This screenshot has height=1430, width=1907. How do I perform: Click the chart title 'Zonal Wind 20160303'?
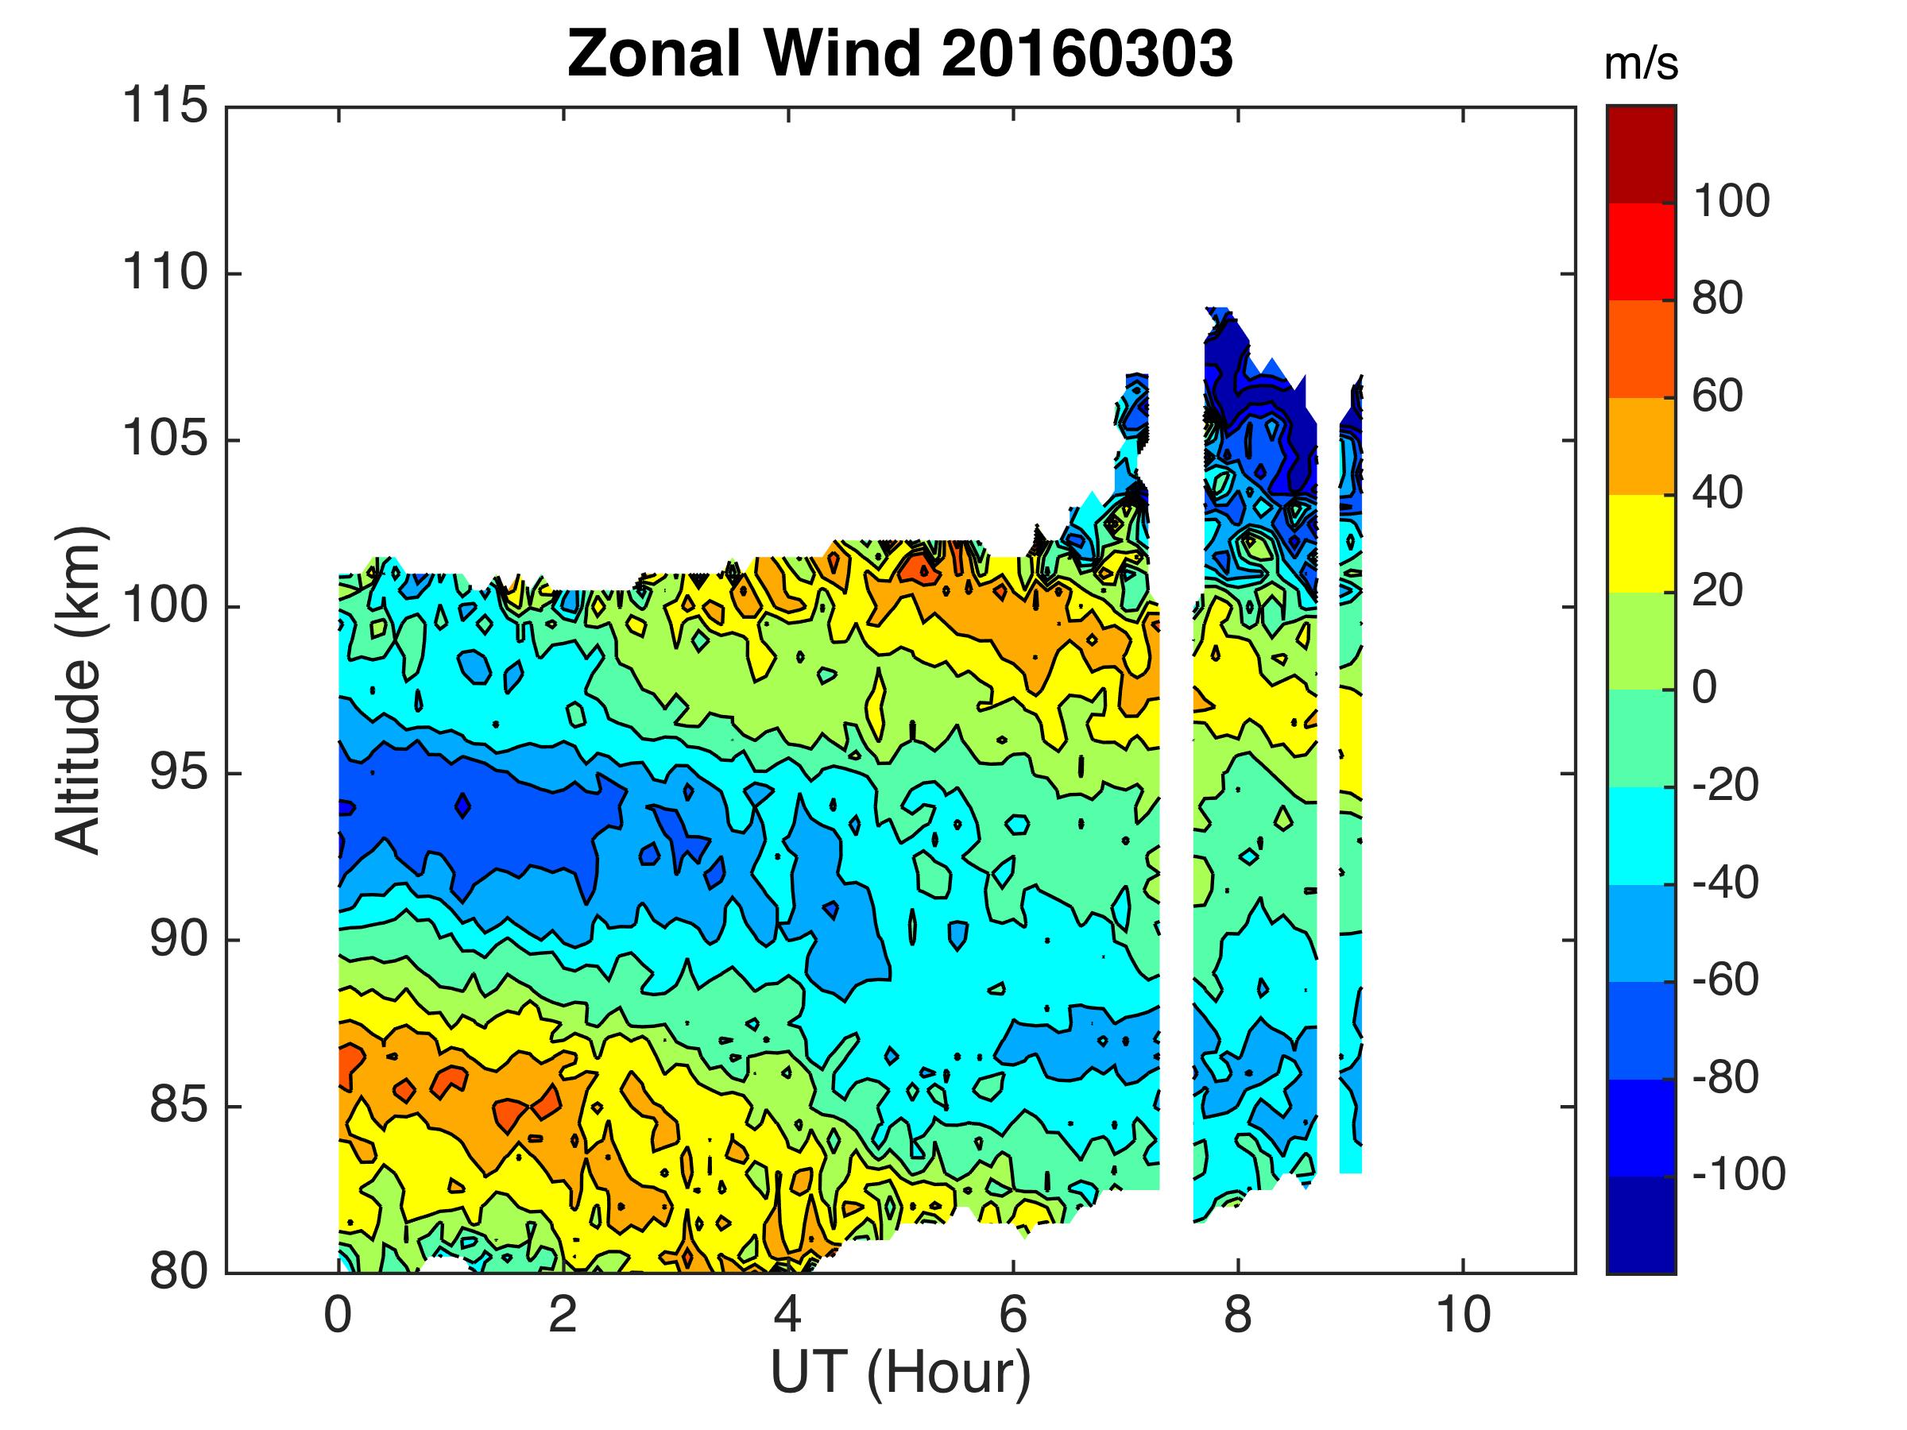pos(900,53)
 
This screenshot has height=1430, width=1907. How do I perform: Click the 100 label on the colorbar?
pos(1731,202)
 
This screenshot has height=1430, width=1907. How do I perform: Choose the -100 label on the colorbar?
pos(1738,1175)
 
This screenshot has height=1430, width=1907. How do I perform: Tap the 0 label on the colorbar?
pos(1704,689)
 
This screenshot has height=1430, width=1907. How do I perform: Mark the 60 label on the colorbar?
pos(1717,396)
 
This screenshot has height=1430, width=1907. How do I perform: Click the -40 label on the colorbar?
pos(1724,883)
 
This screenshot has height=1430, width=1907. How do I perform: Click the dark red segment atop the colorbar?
pos(1641,154)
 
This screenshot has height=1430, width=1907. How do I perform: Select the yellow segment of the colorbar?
pos(1641,543)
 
